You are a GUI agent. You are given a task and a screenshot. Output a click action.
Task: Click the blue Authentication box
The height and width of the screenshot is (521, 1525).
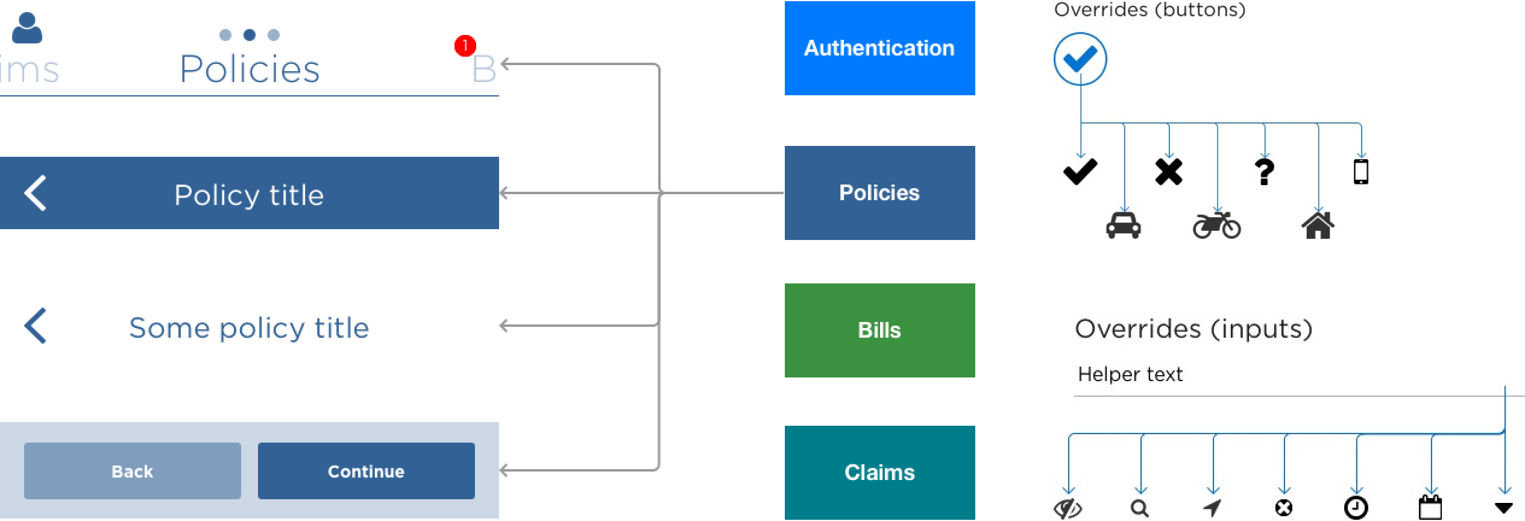[879, 48]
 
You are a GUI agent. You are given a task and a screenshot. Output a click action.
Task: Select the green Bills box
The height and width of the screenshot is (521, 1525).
[879, 330]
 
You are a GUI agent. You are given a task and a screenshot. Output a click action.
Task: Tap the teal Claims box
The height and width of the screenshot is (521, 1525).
[879, 472]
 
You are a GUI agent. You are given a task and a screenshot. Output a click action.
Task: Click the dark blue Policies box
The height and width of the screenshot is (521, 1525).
[879, 193]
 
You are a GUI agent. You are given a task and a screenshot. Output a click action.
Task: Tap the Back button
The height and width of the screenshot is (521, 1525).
[133, 471]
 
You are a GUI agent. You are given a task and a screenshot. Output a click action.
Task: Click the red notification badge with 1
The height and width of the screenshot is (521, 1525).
[465, 46]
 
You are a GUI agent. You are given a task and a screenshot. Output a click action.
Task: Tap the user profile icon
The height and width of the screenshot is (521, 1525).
[27, 28]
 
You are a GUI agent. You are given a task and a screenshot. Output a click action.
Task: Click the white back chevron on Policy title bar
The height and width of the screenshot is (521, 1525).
[36, 193]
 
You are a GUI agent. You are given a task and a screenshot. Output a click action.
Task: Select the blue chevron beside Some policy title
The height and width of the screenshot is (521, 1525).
[36, 326]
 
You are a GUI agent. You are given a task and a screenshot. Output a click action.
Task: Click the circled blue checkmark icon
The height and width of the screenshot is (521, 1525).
[1080, 59]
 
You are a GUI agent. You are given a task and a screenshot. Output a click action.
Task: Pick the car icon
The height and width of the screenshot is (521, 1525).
[1123, 225]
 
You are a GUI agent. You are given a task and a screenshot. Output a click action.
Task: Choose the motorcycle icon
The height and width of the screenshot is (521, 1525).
[1216, 225]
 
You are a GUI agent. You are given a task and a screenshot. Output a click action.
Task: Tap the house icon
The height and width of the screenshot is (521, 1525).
[1318, 225]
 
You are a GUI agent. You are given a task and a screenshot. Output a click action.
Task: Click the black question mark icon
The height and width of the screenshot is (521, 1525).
[1265, 172]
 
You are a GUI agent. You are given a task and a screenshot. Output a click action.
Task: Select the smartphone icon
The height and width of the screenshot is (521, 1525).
[1360, 171]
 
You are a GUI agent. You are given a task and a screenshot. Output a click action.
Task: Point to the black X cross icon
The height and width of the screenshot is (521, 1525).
[1168, 172]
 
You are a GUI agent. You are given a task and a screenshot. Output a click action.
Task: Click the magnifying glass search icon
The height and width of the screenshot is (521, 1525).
[1139, 508]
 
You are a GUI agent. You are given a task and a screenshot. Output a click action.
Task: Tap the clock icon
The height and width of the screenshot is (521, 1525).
[1356, 508]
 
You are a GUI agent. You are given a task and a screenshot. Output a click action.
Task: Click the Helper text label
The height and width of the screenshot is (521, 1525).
[1130, 374]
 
